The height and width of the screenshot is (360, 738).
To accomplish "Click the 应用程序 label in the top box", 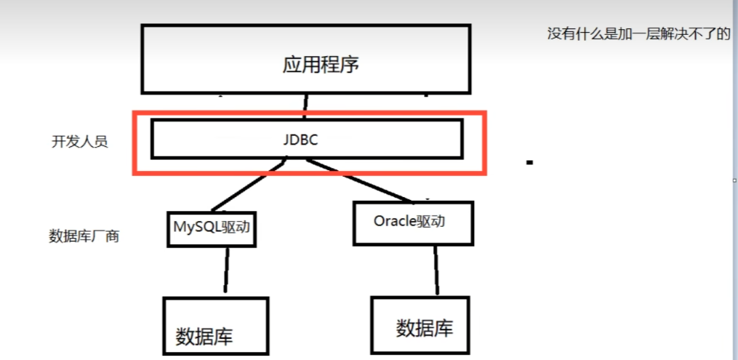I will (321, 65).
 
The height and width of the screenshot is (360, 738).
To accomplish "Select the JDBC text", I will (301, 140).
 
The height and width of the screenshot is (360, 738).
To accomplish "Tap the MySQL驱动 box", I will (212, 226).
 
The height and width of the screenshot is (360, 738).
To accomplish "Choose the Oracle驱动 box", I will (413, 222).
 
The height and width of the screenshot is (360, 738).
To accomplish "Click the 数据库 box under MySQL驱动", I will (215, 326).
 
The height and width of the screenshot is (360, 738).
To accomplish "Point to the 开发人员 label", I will (79, 142).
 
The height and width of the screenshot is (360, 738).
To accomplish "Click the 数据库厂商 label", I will (83, 236).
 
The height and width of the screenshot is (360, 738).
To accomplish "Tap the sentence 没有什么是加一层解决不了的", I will (638, 34).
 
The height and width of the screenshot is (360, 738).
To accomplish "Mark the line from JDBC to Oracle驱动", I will (364, 183).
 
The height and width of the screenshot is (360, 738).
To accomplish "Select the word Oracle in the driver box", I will (395, 221).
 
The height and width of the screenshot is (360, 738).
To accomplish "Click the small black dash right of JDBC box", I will (529, 163).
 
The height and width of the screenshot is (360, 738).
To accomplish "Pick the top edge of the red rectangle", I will (309, 113).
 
